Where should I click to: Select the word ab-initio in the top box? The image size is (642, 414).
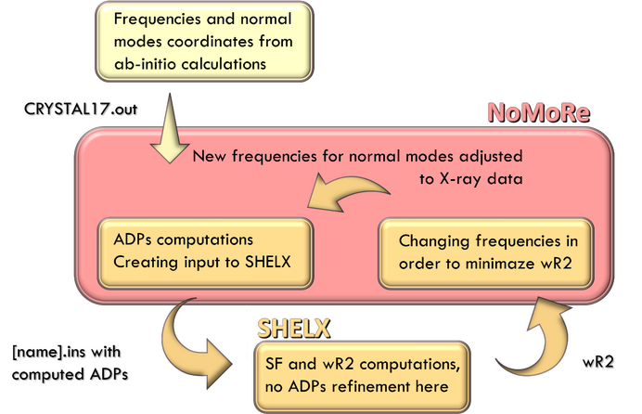pyautogui.click(x=141, y=64)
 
